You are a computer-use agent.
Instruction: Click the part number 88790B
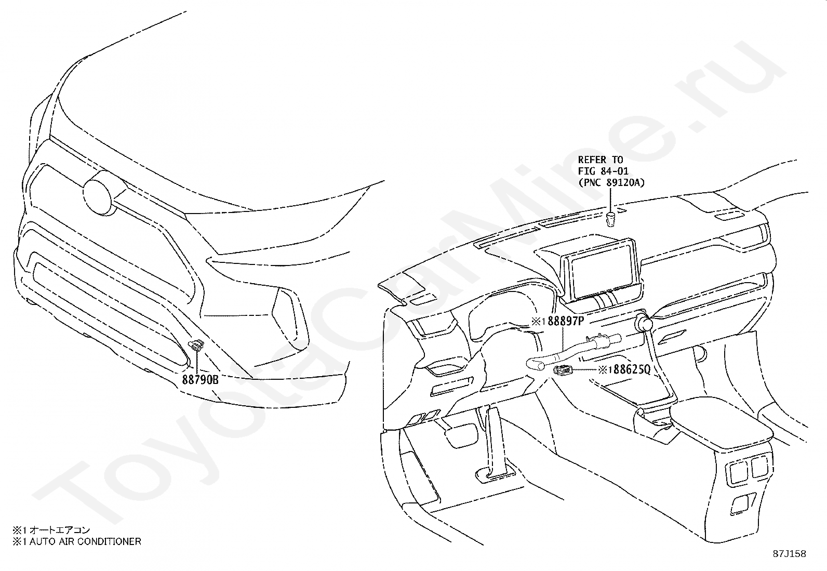coord(200,380)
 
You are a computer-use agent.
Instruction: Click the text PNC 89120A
coord(611,182)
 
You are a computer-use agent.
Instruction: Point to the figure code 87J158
coord(789,554)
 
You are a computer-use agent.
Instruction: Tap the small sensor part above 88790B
coord(196,346)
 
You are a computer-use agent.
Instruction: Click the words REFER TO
coord(600,160)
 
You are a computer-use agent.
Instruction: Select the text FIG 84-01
coord(603,171)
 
